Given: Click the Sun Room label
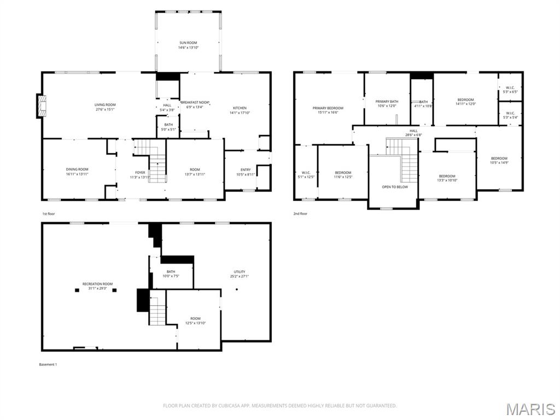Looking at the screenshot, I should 188,43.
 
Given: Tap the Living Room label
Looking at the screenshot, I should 105,104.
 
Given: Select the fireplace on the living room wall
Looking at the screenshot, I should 42,106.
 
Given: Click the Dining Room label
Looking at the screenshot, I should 77,170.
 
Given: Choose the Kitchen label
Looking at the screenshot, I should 240,108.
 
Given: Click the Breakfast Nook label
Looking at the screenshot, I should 195,102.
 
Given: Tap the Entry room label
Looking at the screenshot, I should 246,170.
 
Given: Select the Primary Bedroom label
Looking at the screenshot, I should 328,108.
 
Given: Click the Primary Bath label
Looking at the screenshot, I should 387,102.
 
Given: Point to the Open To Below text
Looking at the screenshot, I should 395,187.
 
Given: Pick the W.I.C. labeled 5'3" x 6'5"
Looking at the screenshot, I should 510,87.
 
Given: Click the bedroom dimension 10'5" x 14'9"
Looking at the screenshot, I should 499,162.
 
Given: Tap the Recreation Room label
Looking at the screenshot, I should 97,284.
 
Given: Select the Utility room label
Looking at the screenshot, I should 240,272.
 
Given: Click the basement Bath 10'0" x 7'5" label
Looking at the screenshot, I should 171,276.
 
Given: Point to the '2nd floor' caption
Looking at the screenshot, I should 300,214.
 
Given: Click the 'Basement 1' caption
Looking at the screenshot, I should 48,364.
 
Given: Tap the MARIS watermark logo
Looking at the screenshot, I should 530,409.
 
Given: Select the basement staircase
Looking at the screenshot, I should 157,311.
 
